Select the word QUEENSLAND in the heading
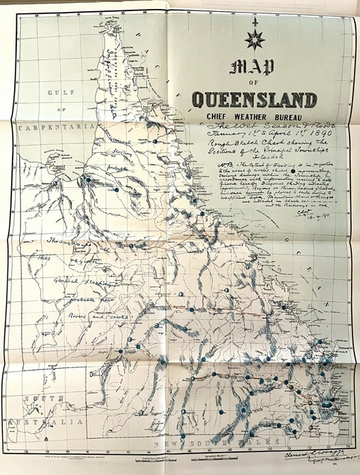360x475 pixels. click(x=255, y=99)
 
